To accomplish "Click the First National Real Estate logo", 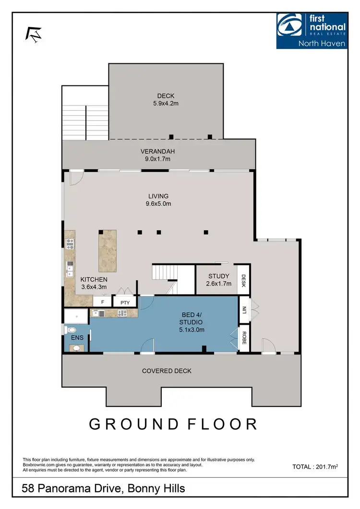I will [312, 31].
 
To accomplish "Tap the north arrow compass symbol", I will [34, 34].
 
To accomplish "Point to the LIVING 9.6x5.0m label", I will [158, 200].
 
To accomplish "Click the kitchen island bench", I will [108, 251].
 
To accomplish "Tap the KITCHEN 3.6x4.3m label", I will [94, 283].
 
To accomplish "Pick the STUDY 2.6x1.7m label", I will [219, 280].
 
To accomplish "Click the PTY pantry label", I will [125, 302].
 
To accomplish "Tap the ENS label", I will [77, 338].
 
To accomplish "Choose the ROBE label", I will [244, 339].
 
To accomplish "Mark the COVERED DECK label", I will [167, 371].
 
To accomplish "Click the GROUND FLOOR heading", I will [173, 424].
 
